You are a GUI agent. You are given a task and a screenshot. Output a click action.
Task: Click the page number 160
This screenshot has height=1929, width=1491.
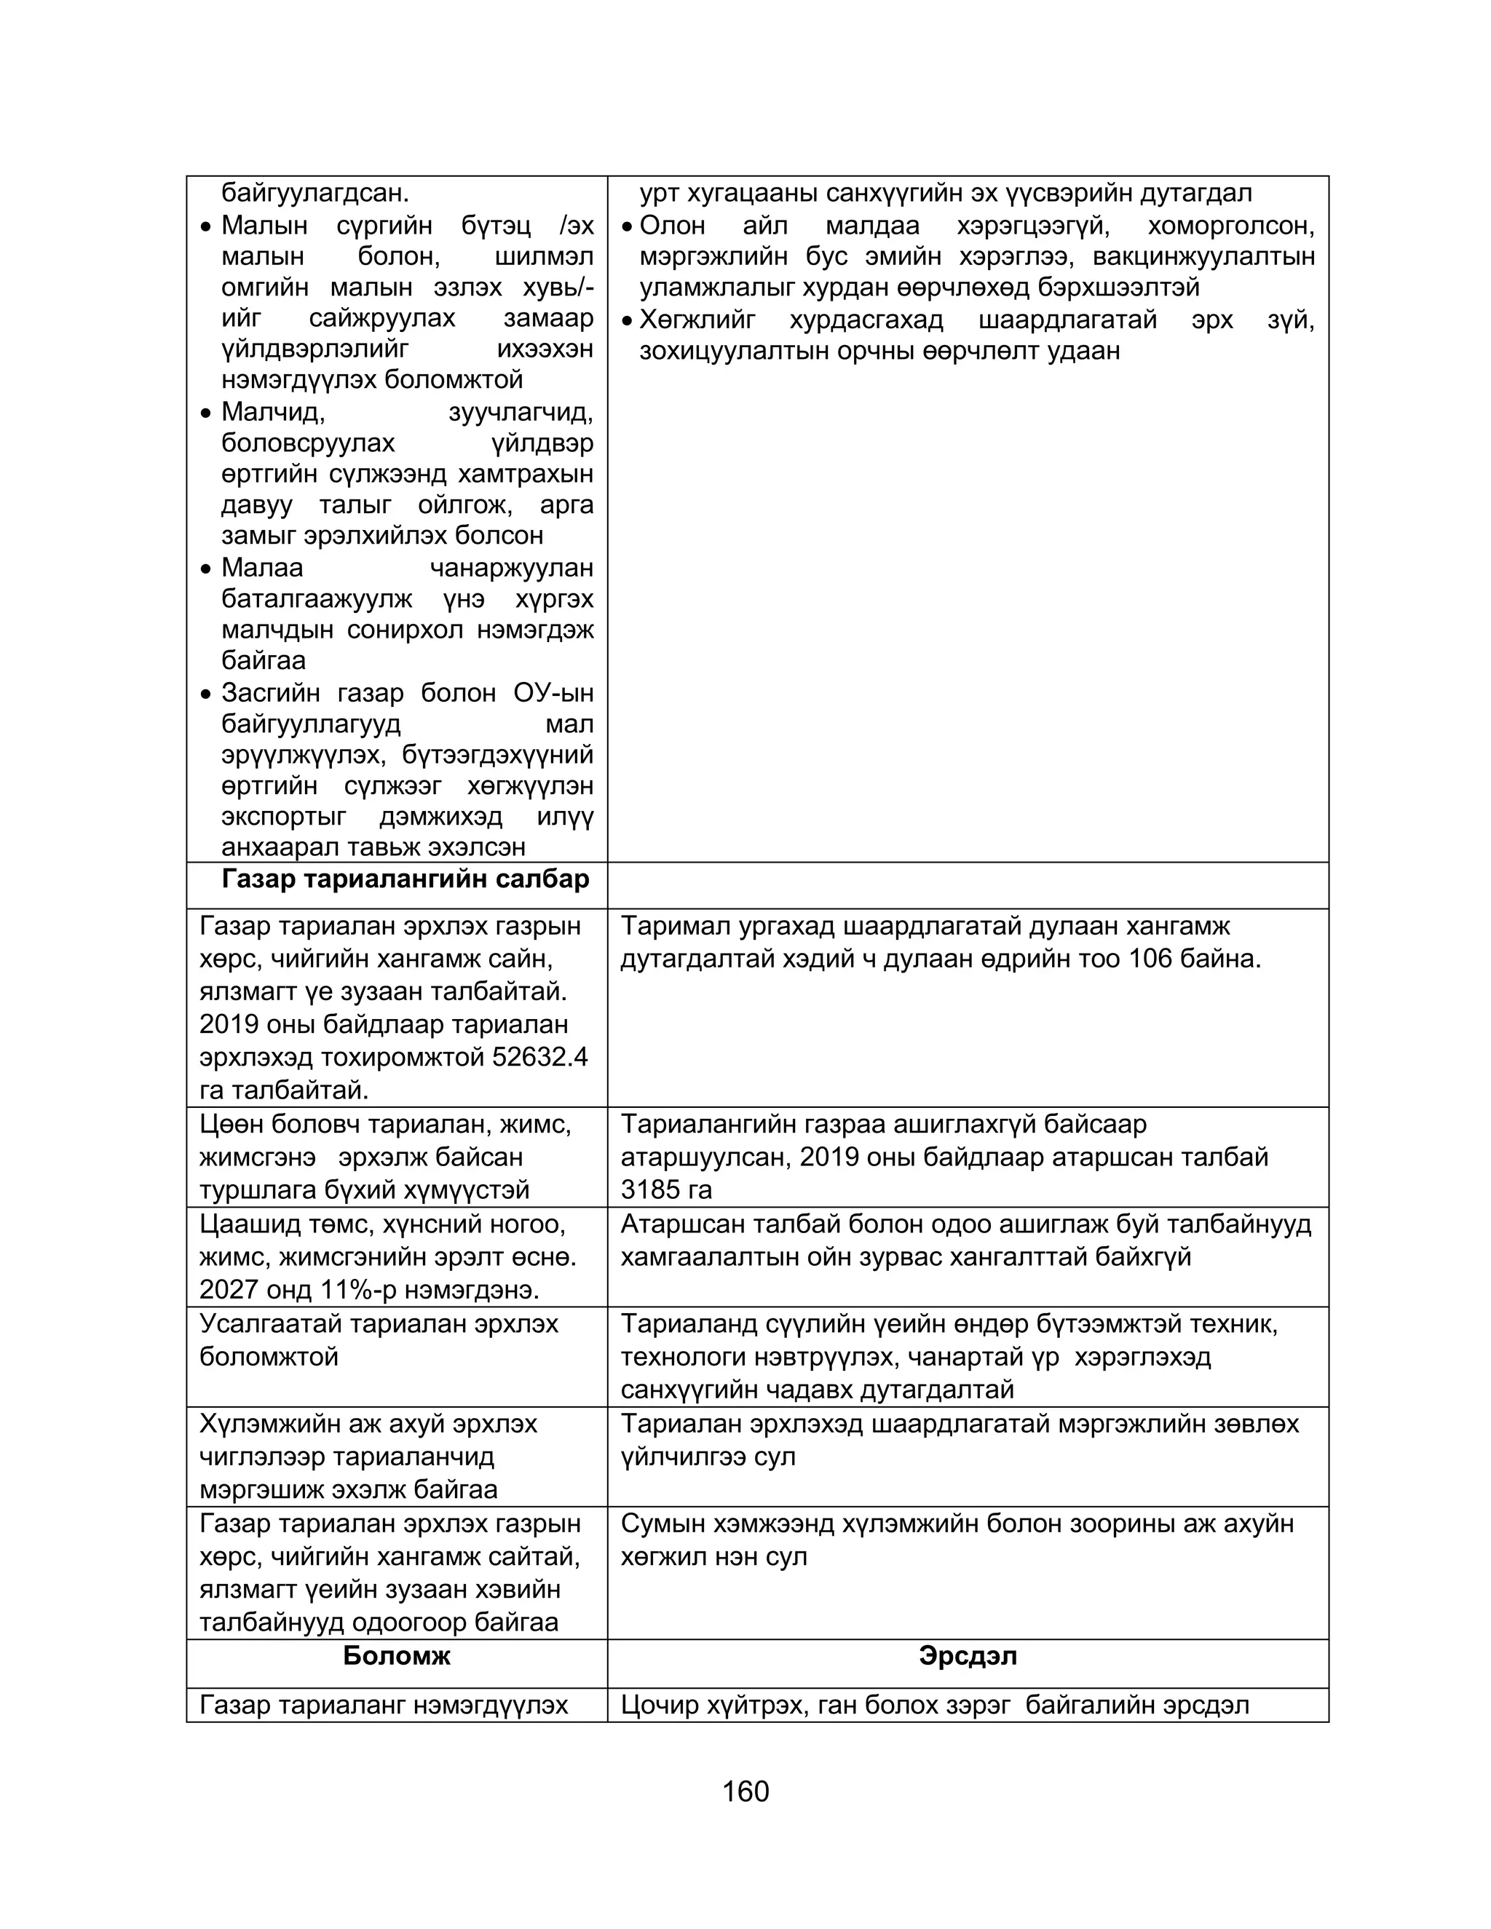click(745, 1791)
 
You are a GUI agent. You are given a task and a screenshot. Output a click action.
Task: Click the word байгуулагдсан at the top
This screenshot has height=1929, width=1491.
click(315, 193)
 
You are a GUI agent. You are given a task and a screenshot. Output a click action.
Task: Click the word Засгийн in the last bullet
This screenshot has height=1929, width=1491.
click(270, 692)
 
